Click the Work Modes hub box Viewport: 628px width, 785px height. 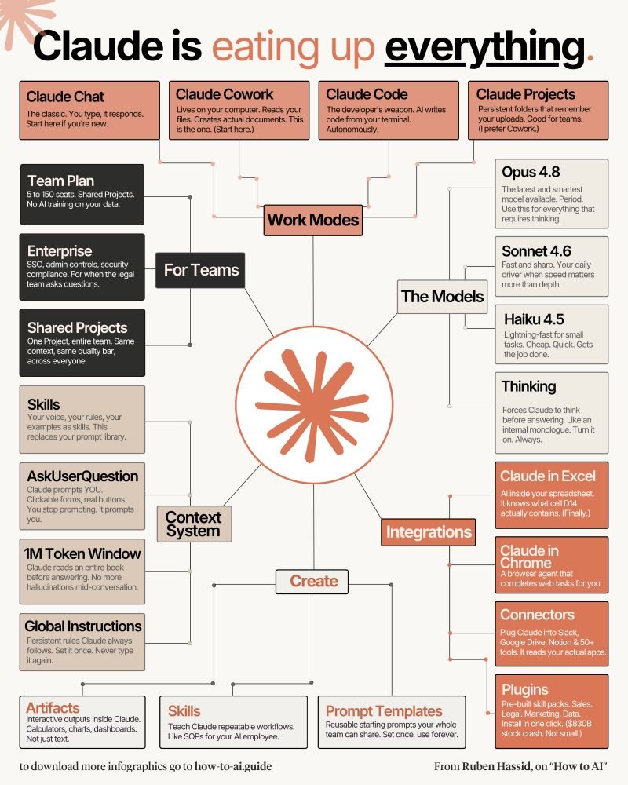[313, 220]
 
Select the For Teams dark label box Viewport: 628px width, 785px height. [200, 270]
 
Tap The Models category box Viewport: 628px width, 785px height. [442, 297]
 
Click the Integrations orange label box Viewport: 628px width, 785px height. [428, 531]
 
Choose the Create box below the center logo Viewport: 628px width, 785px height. [312, 581]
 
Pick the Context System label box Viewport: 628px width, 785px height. [195, 524]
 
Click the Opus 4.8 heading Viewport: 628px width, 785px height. [531, 172]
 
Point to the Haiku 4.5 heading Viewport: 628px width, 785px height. [534, 319]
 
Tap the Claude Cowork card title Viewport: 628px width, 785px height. [225, 94]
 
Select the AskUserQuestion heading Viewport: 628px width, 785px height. [82, 476]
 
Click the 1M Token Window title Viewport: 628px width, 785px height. [82, 553]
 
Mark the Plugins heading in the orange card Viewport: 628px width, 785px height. [525, 690]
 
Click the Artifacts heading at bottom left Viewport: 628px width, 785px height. [53, 708]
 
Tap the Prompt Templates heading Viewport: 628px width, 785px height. [384, 711]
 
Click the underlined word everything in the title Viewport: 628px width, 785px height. [484, 48]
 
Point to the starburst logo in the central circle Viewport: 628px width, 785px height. [312, 404]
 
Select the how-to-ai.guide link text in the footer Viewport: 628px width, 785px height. [233, 766]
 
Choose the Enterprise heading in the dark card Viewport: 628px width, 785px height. [60, 251]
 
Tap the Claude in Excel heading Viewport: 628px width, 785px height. [548, 476]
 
